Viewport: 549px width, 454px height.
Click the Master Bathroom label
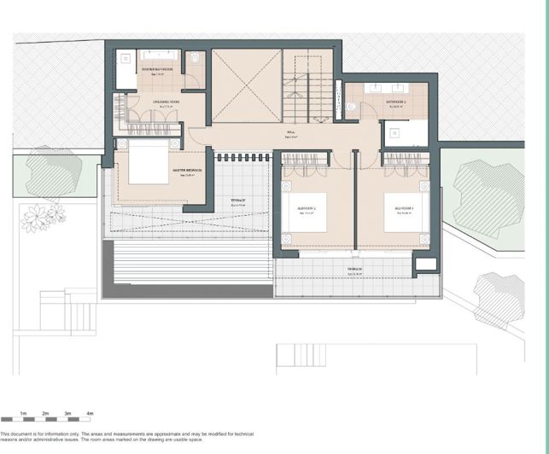click(156, 68)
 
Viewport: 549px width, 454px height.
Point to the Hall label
click(289, 134)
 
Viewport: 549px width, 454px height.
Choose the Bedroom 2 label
click(307, 207)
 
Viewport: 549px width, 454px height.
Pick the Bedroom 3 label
click(403, 207)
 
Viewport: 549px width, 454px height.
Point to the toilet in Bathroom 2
click(351, 107)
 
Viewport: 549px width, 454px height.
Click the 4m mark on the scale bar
click(90, 412)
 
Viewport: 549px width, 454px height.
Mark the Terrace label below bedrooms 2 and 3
click(354, 270)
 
